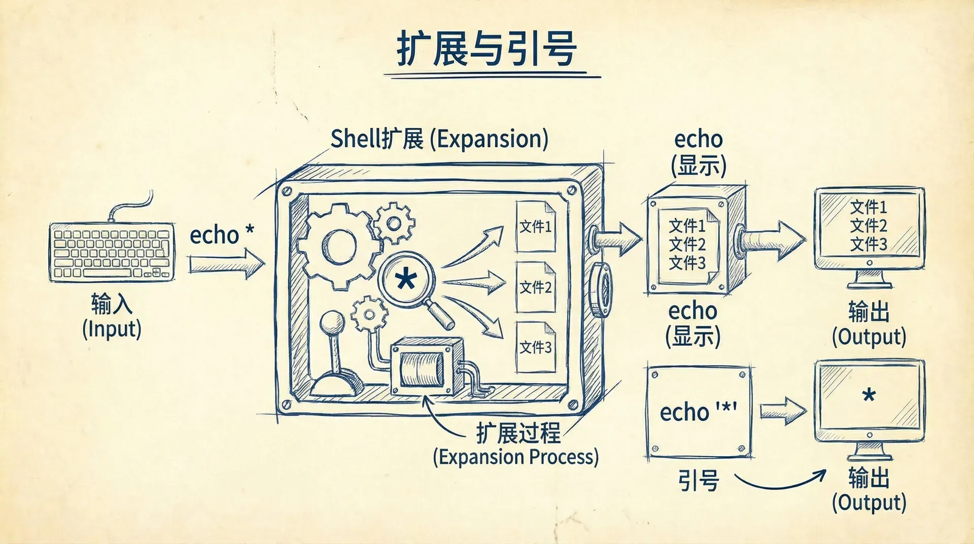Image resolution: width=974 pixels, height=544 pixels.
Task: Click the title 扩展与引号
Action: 486,49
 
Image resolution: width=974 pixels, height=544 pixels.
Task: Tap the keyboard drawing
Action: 112,252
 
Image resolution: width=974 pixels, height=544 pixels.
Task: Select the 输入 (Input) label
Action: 112,316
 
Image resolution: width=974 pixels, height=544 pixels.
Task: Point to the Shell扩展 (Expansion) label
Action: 439,139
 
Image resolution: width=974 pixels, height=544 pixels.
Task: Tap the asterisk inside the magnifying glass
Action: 406,279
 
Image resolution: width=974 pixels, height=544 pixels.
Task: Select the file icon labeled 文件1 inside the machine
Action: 535,226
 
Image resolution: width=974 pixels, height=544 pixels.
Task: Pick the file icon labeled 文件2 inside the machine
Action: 535,287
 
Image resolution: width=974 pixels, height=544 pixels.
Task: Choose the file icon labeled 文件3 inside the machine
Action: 535,347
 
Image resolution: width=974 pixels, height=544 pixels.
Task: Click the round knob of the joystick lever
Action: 332,323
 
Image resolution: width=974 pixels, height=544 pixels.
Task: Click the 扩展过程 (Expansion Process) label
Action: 516,445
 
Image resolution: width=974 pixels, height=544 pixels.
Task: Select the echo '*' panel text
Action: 698,412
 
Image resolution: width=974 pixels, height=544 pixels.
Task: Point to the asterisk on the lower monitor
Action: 869,395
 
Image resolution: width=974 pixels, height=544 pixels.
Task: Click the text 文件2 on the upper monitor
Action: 868,225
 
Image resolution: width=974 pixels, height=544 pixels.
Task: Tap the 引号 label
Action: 699,480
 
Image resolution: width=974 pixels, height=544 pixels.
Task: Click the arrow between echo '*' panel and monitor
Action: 782,411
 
